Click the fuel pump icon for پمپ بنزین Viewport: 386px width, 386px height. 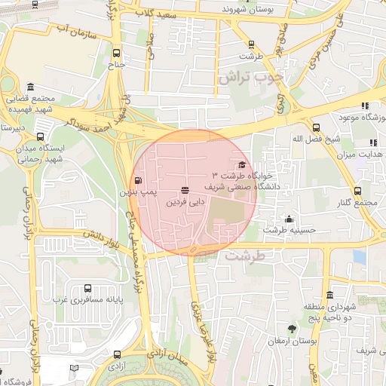coord(137,180)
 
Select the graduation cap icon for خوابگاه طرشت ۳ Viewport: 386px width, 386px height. coord(242,165)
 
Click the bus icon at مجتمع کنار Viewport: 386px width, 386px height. coord(357,191)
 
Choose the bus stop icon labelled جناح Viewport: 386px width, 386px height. coord(116,54)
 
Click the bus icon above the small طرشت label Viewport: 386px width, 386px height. coord(248,44)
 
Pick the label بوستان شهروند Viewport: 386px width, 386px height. coord(247,9)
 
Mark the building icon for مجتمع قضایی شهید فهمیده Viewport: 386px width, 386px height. coord(29,87)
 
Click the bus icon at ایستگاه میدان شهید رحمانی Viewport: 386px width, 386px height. coord(40,136)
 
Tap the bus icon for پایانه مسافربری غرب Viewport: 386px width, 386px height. coord(88,288)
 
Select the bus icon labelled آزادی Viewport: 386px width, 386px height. coord(116,354)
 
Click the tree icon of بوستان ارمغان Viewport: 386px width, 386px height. coord(292,329)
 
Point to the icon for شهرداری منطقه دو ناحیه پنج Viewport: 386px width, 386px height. coord(329,295)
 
